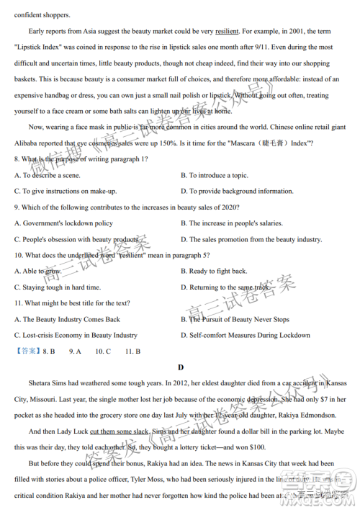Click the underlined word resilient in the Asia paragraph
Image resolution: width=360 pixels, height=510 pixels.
pyautogui.click(x=227, y=32)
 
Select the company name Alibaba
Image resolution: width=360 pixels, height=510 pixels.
pyautogui.click(x=28, y=143)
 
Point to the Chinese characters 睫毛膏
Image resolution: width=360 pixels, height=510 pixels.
pyautogui.click(x=269, y=143)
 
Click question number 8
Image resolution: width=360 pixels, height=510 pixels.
pyautogui.click(x=17, y=158)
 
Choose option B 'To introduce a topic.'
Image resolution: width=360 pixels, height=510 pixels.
pyautogui.click(x=214, y=175)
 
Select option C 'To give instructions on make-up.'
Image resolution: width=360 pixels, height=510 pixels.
pyautogui.click(x=66, y=191)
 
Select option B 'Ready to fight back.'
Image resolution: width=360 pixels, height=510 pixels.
pyautogui.click(x=214, y=271)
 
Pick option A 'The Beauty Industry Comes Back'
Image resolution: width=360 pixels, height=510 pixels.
pyautogui.click(x=67, y=319)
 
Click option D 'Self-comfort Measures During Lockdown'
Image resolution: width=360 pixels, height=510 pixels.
pyautogui.click(x=245, y=335)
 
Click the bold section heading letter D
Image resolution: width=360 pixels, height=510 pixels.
pyautogui.click(x=180, y=367)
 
